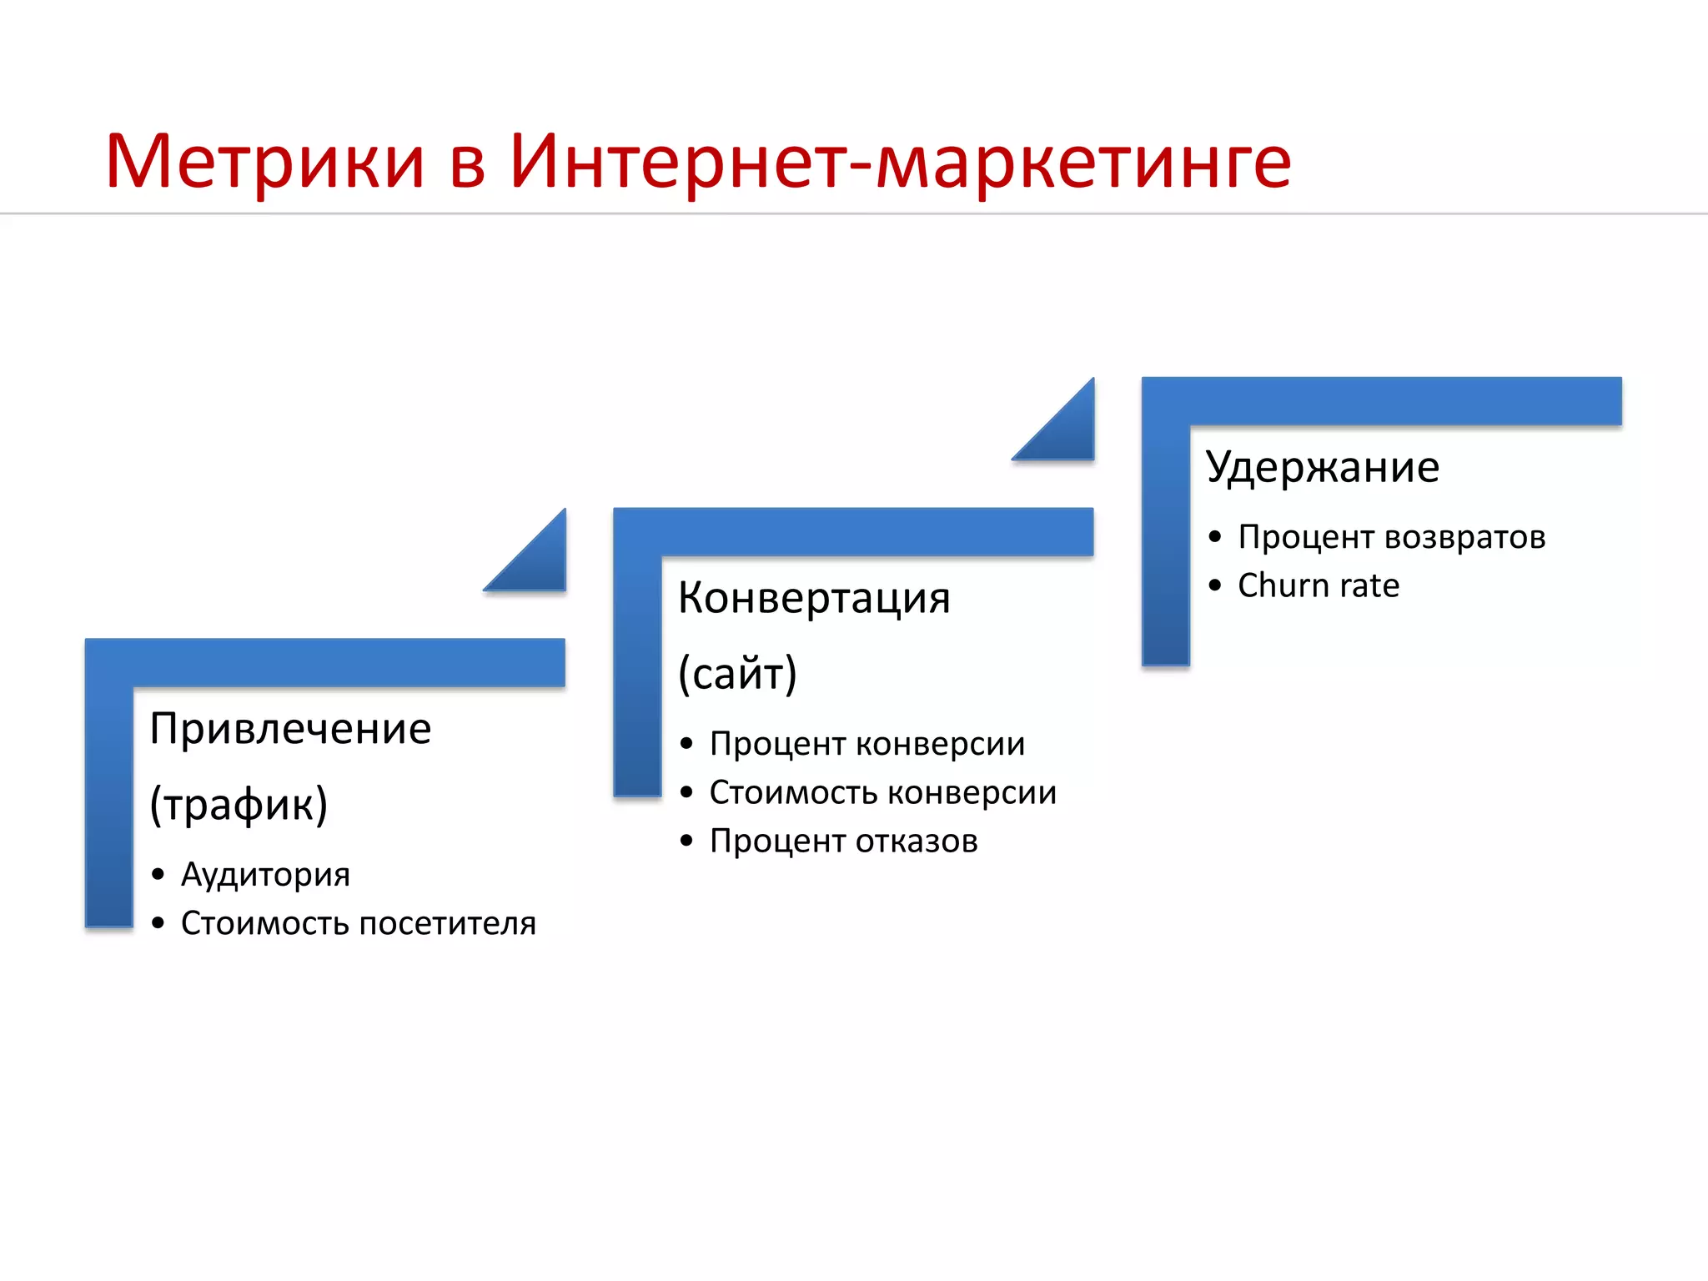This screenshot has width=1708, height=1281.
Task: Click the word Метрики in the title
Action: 265,163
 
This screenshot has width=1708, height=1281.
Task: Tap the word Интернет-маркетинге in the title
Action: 901,163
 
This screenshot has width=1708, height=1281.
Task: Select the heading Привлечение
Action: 290,729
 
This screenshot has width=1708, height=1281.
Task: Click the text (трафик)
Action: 239,804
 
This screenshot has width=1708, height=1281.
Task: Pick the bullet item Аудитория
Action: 265,874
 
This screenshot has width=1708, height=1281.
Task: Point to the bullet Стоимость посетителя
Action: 358,923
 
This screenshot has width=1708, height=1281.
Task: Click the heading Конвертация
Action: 814,598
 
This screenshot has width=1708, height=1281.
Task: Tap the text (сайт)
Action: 737,673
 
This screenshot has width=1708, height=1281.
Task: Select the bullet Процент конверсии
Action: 867,743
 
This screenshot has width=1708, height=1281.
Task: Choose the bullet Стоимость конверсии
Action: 882,792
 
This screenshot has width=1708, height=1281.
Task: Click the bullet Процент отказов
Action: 843,841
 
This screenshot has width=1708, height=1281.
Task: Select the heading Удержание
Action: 1322,467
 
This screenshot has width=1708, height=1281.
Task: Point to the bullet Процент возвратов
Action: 1391,537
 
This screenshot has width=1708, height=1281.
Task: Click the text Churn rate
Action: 1318,585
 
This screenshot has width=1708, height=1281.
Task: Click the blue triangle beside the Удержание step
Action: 1067,432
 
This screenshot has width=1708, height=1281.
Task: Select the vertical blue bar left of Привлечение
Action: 109,801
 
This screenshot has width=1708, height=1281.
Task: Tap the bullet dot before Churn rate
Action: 1214,586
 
